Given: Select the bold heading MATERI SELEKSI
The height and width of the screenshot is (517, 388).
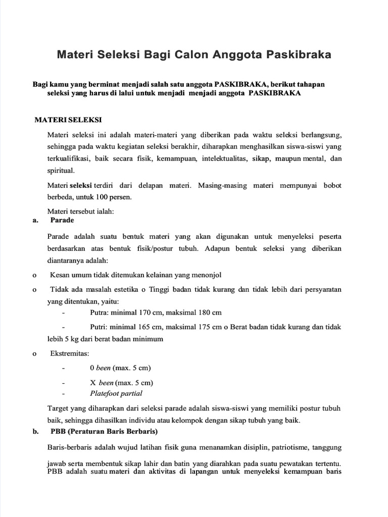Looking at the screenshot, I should pyautogui.click(x=68, y=121).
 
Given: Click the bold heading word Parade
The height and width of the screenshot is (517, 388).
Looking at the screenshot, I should pyautogui.click(x=62, y=220).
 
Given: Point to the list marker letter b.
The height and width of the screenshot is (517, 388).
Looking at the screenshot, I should pyautogui.click(x=35, y=432).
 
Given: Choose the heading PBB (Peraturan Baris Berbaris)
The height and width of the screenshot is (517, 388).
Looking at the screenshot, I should pyautogui.click(x=104, y=432).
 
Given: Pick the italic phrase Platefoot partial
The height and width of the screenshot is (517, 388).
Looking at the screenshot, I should pyautogui.click(x=116, y=393).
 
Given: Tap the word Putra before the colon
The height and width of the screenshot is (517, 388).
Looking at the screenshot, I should pyautogui.click(x=99, y=313).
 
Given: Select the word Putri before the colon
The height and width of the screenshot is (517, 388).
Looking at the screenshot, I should pyautogui.click(x=99, y=327).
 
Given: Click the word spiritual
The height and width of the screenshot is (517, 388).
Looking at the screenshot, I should pyautogui.click(x=61, y=171).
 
